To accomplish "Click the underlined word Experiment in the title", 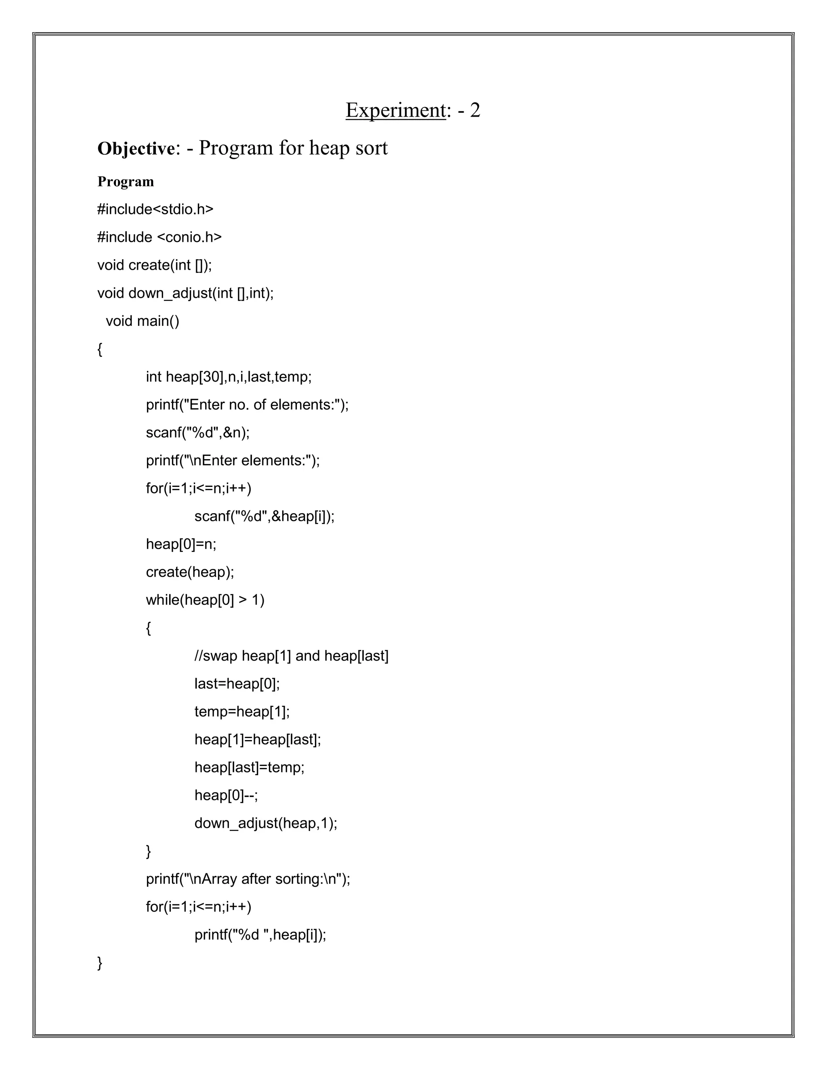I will pyautogui.click(x=395, y=110).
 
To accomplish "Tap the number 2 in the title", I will pyautogui.click(x=475, y=110).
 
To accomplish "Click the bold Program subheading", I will pyautogui.click(x=126, y=182).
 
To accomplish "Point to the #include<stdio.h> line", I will pyautogui.click(x=155, y=210).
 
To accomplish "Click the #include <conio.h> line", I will pyautogui.click(x=159, y=237).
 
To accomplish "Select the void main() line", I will pyautogui.click(x=143, y=321).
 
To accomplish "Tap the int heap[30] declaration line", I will pyautogui.click(x=228, y=377).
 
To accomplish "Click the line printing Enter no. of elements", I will pyautogui.click(x=247, y=405).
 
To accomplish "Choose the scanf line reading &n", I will pyautogui.click(x=197, y=432).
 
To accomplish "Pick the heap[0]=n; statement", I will pyautogui.click(x=181, y=544).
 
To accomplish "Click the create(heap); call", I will pyautogui.click(x=190, y=572).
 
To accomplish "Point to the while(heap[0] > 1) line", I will pyautogui.click(x=205, y=600).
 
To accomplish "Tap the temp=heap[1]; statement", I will pyautogui.click(x=241, y=712).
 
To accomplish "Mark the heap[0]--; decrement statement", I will pyautogui.click(x=226, y=795).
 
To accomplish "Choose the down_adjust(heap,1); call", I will pyautogui.click(x=266, y=823).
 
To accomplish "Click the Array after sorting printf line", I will pyautogui.click(x=248, y=879).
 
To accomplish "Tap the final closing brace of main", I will pyautogui.click(x=100, y=963).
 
